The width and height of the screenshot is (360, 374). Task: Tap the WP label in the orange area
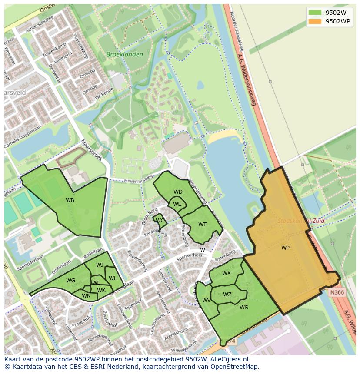[285, 248]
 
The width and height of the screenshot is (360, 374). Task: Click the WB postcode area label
[70, 200]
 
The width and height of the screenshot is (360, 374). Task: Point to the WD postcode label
[178, 192]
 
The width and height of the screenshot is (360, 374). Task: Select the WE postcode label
[177, 204]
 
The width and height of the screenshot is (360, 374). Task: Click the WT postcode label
[202, 225]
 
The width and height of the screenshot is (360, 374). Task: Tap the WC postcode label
[160, 221]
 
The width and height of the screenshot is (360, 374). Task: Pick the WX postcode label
[226, 273]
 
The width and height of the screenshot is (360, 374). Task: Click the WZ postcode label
[227, 295]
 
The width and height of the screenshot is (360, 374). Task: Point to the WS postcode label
[243, 308]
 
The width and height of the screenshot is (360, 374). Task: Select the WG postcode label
[71, 281]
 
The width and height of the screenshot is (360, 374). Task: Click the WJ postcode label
[100, 265]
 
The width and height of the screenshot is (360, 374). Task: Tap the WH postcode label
[113, 278]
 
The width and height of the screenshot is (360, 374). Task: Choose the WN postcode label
[86, 296]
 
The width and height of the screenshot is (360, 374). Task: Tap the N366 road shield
[337, 292]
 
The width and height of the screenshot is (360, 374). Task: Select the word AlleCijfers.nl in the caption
[228, 359]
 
